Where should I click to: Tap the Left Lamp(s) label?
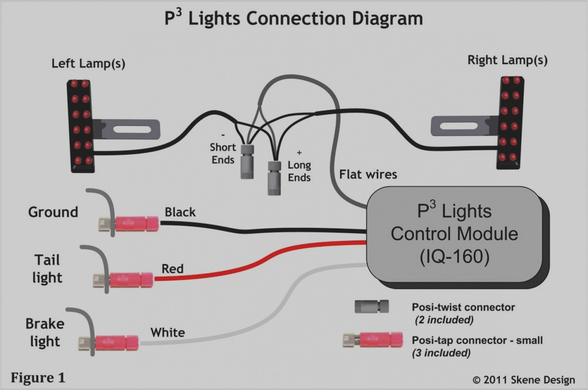88,64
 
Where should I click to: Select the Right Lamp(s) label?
507,61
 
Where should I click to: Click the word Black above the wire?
180,212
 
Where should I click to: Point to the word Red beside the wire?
172,269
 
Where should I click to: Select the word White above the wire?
167,332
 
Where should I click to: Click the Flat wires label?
368,174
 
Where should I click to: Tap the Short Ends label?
222,153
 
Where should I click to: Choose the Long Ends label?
299,171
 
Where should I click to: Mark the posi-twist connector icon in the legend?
371,307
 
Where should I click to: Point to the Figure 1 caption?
37,378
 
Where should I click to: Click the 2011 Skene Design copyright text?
524,380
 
